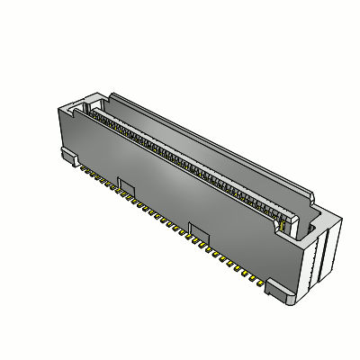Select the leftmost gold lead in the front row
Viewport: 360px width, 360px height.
coord(80,166)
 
